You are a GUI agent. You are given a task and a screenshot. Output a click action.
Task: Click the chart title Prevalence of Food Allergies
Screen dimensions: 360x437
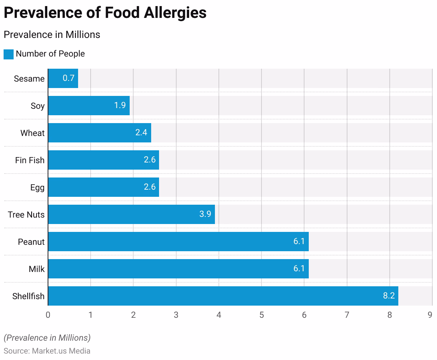coord(105,13)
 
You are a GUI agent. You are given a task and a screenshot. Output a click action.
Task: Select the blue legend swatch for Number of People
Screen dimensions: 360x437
coord(9,54)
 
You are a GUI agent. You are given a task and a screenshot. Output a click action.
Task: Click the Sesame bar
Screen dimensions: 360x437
coord(63,78)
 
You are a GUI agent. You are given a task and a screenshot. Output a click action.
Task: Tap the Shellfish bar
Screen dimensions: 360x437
coord(223,296)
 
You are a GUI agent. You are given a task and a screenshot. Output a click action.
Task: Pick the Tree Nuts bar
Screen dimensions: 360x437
coord(131,214)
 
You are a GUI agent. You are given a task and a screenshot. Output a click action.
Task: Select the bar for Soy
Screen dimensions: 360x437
coord(88,106)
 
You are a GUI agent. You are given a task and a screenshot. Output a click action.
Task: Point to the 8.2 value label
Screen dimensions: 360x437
coord(389,296)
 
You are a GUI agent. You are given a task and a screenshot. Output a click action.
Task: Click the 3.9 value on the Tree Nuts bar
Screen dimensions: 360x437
coord(205,214)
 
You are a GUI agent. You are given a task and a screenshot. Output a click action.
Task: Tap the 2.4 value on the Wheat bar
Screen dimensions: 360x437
coord(141,133)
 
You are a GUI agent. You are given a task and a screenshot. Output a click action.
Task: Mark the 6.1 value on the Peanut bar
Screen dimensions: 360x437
coord(299,242)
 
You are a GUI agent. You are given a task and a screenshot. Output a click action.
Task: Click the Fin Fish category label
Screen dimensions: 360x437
coord(30,160)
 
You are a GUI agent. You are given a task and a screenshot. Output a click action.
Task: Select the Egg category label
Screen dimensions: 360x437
coord(37,188)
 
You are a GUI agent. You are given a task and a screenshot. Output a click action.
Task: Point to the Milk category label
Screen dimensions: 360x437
coord(37,269)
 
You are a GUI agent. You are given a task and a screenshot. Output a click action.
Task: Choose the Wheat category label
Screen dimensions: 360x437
coord(33,133)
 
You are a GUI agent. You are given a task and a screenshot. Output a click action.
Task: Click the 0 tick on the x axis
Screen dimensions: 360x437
coord(48,315)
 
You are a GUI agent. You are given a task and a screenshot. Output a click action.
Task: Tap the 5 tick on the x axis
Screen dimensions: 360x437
coord(261,315)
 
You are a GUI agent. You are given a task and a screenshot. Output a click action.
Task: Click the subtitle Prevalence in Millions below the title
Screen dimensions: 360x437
coord(52,35)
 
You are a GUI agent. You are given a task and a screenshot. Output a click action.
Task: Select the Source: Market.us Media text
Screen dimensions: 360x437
coord(47,351)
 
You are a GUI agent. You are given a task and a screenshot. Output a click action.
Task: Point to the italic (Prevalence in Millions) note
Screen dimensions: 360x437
coord(47,338)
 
